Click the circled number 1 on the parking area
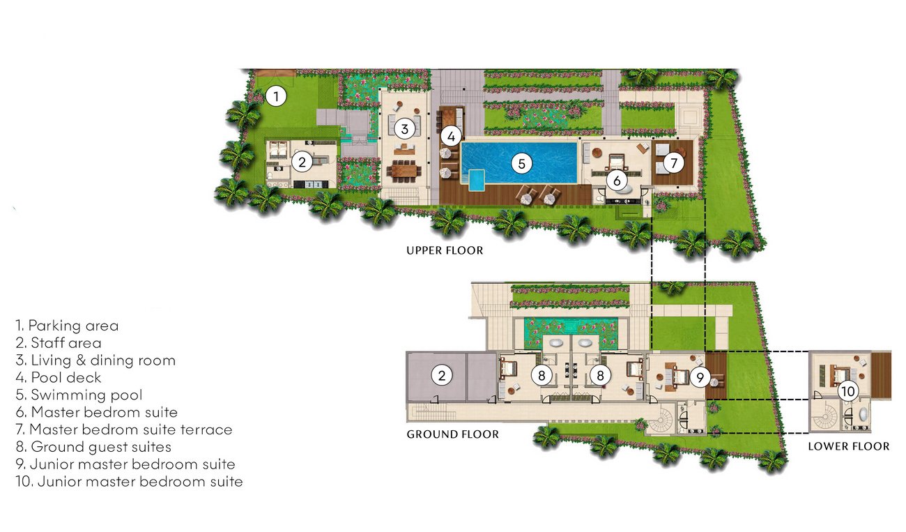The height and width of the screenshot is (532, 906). tap(276, 97)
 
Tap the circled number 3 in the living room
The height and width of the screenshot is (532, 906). tap(404, 130)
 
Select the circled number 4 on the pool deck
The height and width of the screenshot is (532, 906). tap(451, 137)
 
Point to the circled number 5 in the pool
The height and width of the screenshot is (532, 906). tap(521, 164)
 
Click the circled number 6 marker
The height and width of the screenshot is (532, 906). tap(616, 181)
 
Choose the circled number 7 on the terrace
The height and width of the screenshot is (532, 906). tap(673, 162)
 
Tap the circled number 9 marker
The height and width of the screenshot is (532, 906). tap(700, 377)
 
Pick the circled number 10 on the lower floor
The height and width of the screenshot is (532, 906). tap(847, 391)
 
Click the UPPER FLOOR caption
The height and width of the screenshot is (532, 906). tap(445, 250)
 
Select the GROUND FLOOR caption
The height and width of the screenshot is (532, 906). tap(452, 434)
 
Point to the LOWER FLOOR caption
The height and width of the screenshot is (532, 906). tap(849, 446)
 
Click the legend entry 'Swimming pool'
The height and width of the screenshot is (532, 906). tap(79, 395)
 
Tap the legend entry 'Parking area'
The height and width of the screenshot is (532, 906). tap(67, 326)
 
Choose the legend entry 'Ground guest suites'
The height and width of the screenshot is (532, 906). tap(93, 447)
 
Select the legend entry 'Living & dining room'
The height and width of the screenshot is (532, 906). tap(96, 360)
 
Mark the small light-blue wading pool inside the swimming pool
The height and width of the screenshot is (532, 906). tap(477, 181)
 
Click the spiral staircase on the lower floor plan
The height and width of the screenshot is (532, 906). tap(825, 416)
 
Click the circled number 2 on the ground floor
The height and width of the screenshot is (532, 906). tap(441, 376)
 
